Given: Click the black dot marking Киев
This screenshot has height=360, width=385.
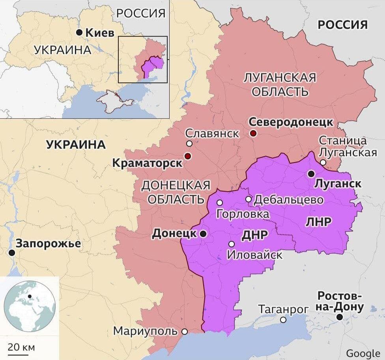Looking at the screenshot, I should click(x=80, y=33).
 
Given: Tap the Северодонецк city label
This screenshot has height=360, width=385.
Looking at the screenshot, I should click(x=291, y=122).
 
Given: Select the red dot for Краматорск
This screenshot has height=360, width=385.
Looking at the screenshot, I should click(x=188, y=156).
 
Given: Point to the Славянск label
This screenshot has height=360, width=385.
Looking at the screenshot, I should click(x=212, y=133).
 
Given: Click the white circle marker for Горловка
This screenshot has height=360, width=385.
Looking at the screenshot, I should click(x=220, y=203).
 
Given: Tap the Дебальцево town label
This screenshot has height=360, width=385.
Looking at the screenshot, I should click(x=288, y=200).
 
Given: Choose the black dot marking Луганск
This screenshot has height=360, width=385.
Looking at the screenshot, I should click(x=311, y=173).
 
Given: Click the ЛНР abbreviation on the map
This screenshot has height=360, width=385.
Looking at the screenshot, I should click(x=318, y=222).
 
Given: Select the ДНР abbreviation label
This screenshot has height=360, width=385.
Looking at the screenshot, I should click(x=254, y=235).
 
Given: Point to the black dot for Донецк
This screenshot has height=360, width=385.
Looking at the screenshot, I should click(x=203, y=234).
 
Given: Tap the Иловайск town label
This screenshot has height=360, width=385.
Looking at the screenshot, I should click(x=255, y=255).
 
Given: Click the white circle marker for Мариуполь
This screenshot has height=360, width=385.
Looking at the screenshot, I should click(x=184, y=331).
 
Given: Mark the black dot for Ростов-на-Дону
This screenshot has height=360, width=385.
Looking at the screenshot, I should click(x=339, y=317).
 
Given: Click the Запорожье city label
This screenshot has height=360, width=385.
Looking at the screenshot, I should click(x=48, y=243).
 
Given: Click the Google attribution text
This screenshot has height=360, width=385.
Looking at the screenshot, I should click(x=363, y=353).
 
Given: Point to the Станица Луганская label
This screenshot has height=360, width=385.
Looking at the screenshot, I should click(x=347, y=147).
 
